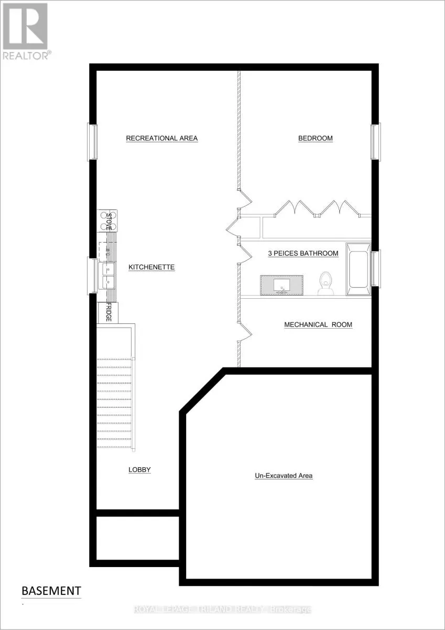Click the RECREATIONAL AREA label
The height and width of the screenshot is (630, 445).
(161, 139)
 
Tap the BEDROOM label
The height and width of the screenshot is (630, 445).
(316, 139)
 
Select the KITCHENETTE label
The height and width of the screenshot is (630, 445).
(151, 267)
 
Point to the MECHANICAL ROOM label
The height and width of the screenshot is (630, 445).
(318, 325)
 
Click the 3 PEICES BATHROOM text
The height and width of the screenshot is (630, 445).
(303, 254)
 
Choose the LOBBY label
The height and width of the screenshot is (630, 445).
(139, 470)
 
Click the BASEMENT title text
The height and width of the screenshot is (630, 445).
(51, 591)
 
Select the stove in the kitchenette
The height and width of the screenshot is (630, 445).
(108, 220)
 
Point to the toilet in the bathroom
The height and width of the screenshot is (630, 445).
(325, 283)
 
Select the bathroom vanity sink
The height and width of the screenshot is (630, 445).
(283, 284)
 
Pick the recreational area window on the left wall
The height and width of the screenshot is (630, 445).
(92, 142)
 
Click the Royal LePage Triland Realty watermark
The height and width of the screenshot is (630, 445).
(222, 610)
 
